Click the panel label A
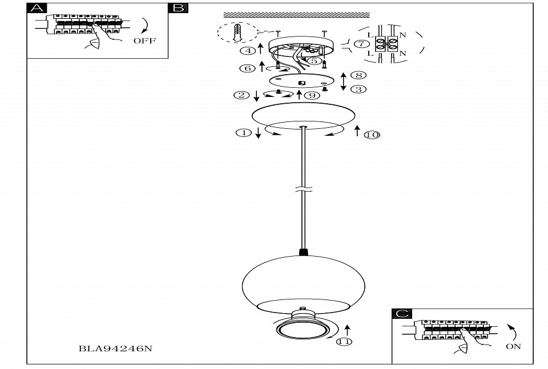[x=37, y=8]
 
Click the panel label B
[x=178, y=8]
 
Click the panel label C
[x=402, y=313]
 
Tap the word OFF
[x=144, y=41]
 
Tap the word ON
[x=513, y=346]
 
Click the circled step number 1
[x=243, y=133]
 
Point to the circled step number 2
[x=242, y=95]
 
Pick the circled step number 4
[x=248, y=51]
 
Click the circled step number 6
[x=247, y=68]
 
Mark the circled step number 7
[x=360, y=43]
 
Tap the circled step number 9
[x=312, y=95]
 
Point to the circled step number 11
[x=344, y=342]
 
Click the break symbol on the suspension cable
[x=303, y=189]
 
